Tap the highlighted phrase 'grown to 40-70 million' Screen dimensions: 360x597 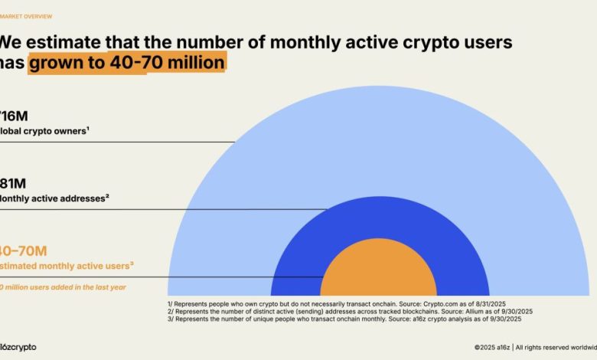(x=127, y=62)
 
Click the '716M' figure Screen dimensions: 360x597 (x=14, y=115)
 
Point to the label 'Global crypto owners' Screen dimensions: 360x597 (x=45, y=130)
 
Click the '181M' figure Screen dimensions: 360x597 (x=14, y=183)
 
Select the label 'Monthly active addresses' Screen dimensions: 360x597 (x=54, y=198)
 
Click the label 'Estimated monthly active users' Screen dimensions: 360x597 (x=67, y=266)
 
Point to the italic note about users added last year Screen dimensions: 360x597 (x=62, y=287)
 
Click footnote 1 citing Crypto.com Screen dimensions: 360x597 (x=338, y=304)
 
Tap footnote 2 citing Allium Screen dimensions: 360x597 (x=350, y=312)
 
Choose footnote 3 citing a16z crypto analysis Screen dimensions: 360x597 (x=339, y=319)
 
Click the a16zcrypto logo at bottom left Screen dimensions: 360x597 (x=18, y=347)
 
